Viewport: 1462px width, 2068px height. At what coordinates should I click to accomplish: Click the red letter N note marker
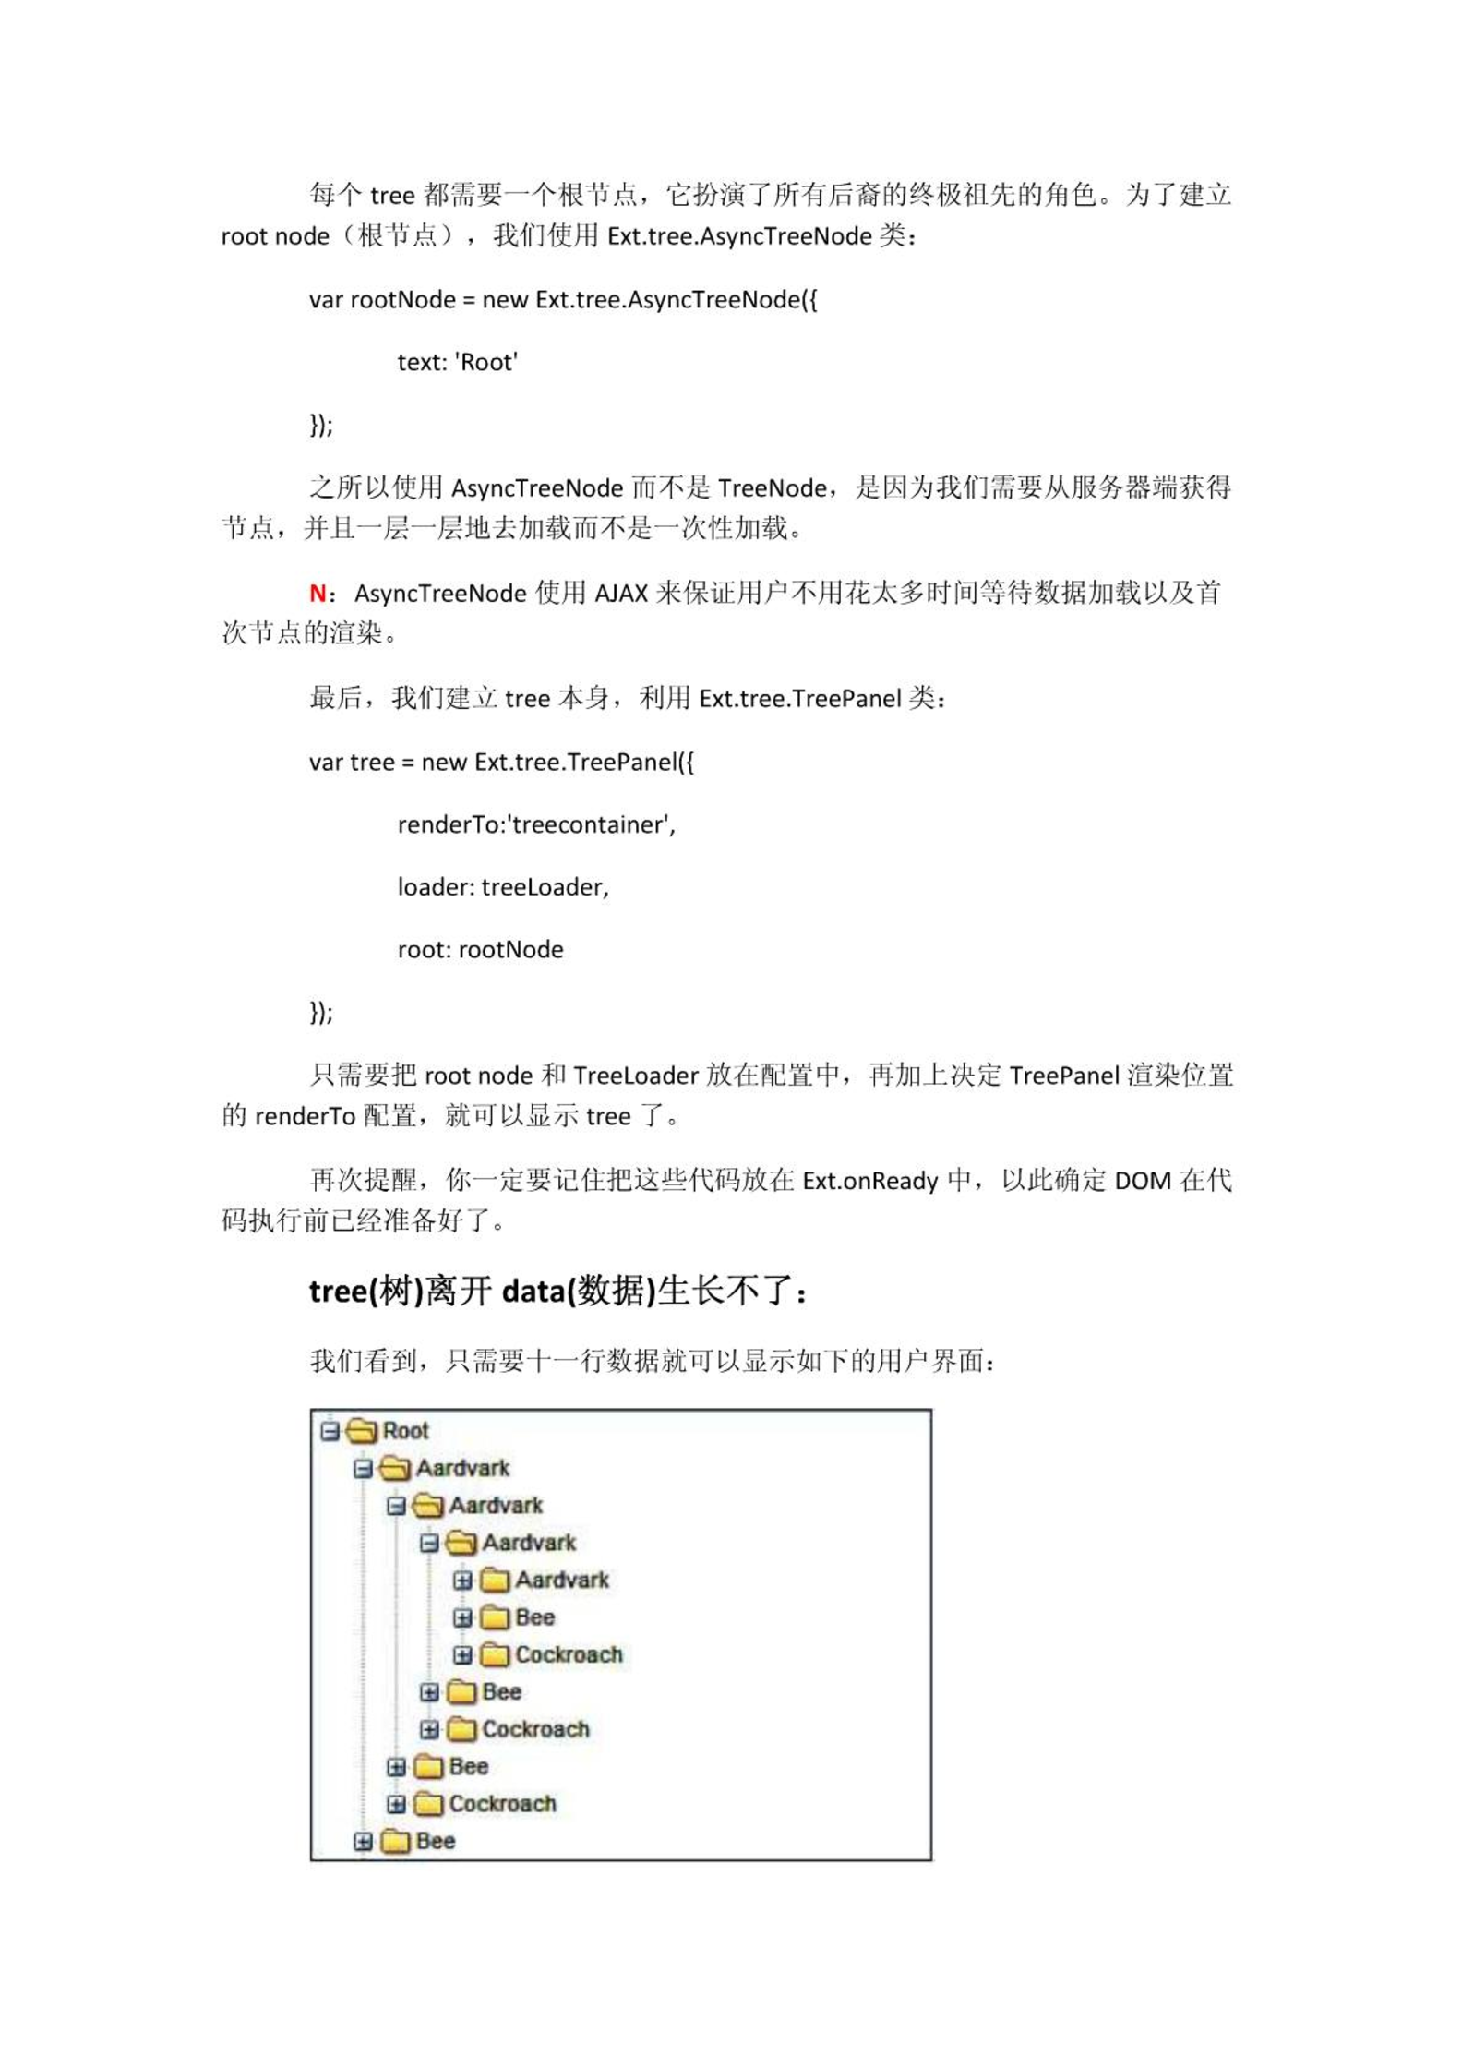click(x=318, y=593)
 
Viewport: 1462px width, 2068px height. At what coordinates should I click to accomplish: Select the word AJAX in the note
click(x=620, y=593)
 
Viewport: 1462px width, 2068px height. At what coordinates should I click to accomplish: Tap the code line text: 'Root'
click(x=457, y=362)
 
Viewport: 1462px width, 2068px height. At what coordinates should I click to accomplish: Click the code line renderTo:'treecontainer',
click(x=536, y=824)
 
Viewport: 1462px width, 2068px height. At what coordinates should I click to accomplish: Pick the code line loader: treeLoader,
click(x=503, y=887)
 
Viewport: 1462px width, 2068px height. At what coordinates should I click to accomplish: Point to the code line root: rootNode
click(x=480, y=950)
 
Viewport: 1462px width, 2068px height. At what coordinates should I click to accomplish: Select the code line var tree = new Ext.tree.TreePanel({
click(x=501, y=762)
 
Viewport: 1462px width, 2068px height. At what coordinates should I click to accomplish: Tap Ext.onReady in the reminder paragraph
click(x=869, y=1181)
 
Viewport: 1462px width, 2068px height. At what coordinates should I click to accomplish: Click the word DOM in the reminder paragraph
click(x=1143, y=1181)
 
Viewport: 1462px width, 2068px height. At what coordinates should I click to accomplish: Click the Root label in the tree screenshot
click(x=405, y=1431)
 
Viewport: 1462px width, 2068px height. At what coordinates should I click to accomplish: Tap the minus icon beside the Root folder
click(x=330, y=1431)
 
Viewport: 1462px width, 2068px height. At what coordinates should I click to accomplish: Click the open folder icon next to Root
click(x=362, y=1431)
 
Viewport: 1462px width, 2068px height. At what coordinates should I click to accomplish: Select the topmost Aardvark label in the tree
click(x=462, y=1468)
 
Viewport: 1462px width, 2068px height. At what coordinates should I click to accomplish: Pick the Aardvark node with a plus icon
click(x=561, y=1580)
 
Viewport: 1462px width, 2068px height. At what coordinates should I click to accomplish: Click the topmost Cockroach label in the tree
click(x=569, y=1654)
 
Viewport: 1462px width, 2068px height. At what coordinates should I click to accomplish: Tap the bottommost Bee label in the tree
click(x=435, y=1841)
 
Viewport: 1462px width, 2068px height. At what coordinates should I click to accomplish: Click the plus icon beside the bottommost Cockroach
click(x=396, y=1804)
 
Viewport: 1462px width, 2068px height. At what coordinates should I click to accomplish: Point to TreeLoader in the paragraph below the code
click(x=636, y=1076)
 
